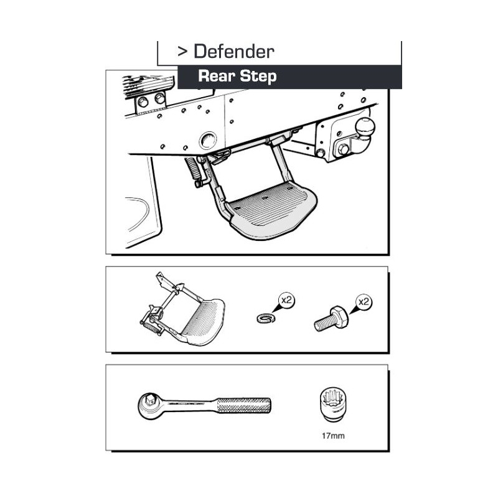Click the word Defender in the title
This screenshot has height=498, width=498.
(x=234, y=52)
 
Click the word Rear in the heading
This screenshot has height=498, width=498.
(x=217, y=76)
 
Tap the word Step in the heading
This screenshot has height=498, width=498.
(x=258, y=77)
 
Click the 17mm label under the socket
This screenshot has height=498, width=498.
(x=333, y=436)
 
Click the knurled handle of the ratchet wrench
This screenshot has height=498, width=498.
(x=243, y=405)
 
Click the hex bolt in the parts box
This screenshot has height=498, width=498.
(x=331, y=319)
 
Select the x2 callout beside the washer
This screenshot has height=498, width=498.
(x=286, y=300)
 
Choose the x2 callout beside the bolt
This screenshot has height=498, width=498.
(x=364, y=302)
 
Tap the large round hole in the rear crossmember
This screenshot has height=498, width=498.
(x=207, y=140)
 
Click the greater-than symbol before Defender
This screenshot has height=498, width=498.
(x=182, y=52)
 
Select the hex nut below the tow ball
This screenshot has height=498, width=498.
(x=343, y=149)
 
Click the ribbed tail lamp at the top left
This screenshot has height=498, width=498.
(x=148, y=85)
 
